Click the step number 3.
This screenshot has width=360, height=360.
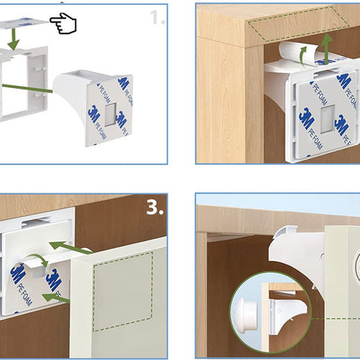coord(156,208)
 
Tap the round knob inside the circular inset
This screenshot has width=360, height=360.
coord(250,311)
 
